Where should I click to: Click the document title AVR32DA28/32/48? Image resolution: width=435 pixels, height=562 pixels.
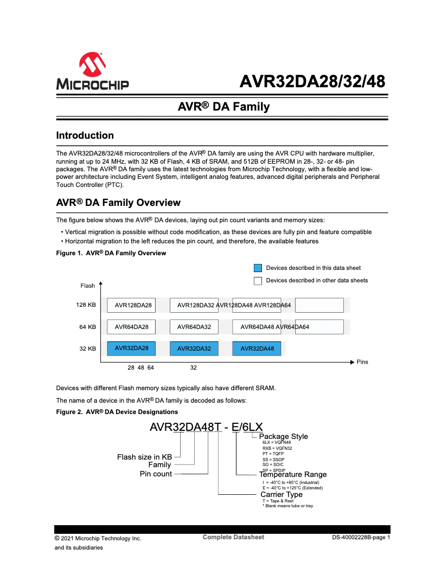(313, 82)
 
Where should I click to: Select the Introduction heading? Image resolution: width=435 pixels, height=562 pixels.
(85, 135)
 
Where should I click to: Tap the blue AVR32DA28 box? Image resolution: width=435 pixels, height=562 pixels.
(131, 348)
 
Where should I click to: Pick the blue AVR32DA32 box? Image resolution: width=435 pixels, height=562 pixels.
(194, 348)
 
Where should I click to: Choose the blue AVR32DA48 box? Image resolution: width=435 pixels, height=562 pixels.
(257, 348)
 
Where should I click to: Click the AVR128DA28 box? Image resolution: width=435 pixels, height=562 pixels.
(131, 306)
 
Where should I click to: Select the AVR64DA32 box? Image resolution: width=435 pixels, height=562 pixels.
(194, 327)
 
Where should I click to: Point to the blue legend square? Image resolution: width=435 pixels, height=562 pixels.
(258, 268)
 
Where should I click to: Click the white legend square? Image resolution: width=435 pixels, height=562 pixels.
(258, 281)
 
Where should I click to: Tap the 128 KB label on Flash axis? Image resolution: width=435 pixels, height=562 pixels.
(86, 305)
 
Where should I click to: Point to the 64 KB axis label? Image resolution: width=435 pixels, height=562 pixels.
(87, 327)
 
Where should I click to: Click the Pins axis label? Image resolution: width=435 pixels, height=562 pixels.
(362, 361)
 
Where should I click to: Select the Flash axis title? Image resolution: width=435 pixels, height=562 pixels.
(87, 286)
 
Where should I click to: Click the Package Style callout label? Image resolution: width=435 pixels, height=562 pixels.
(283, 436)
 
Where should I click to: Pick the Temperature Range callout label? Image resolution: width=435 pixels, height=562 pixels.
(293, 475)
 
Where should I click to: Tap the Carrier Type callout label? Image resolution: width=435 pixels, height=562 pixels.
(282, 494)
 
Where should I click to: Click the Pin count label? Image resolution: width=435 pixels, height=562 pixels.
(156, 474)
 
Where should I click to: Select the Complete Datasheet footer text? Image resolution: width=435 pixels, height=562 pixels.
(233, 537)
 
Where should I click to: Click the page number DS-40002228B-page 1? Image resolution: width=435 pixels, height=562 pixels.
(361, 538)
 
